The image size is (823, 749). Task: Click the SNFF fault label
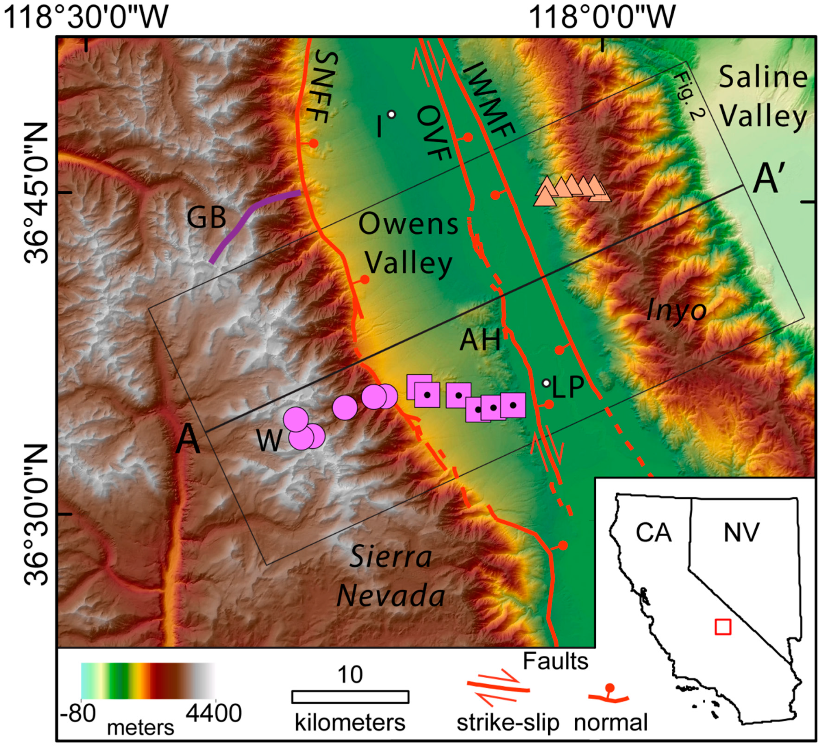[x=322, y=88]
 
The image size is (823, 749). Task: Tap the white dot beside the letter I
[x=391, y=114]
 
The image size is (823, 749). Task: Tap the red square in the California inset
[x=723, y=627]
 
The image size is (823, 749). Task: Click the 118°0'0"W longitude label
[x=603, y=17]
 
